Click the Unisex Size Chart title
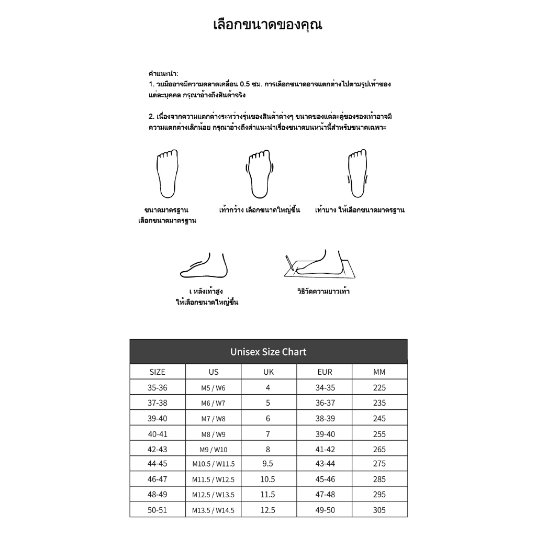268,352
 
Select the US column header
213,372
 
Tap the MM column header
379,372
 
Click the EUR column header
325,372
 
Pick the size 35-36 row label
157,388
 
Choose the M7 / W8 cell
213,419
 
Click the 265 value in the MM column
379,449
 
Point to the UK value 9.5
268,464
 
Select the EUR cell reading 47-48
325,495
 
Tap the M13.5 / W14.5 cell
213,510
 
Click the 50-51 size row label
157,510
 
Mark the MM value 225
379,388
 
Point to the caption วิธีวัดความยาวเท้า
323,292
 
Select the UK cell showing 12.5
268,510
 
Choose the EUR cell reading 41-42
325,449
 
